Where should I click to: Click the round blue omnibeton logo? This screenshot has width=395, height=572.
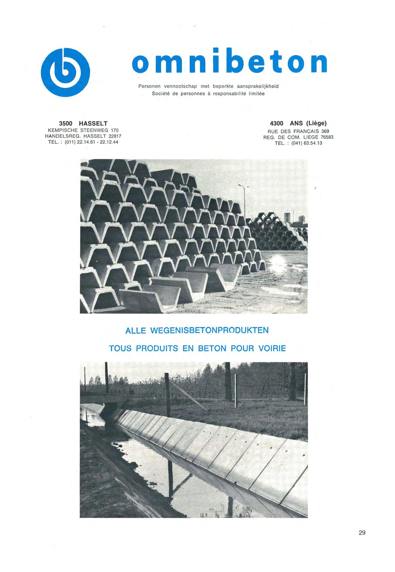coord(67,72)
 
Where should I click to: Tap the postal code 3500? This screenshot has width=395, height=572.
coord(66,124)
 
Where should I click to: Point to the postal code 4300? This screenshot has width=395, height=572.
coord(277,124)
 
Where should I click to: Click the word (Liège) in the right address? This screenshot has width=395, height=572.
coord(316,124)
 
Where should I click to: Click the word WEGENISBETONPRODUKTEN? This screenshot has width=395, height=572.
coord(209,330)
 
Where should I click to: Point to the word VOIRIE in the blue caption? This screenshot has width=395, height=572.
coord(272,348)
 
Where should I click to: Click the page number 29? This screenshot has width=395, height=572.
coord(362,533)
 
